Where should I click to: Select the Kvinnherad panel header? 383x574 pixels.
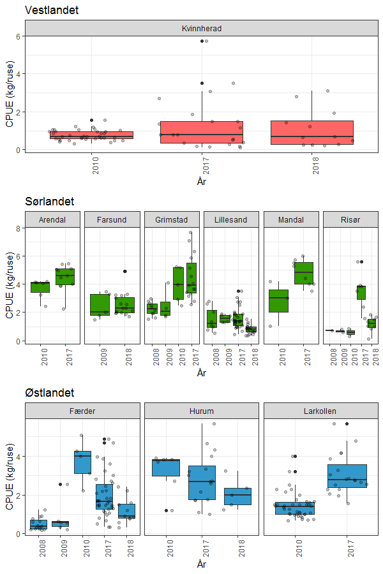201,29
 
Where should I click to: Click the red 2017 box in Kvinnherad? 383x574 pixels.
201,132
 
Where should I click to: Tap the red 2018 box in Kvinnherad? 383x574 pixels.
312,132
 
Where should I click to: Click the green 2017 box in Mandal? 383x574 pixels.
303,273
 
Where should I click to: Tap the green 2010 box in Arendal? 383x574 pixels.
40,287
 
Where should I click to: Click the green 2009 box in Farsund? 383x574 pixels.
100,304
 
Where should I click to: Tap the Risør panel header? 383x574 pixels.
350,220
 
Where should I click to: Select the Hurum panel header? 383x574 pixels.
202,411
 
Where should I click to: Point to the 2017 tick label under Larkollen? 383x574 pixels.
348,548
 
